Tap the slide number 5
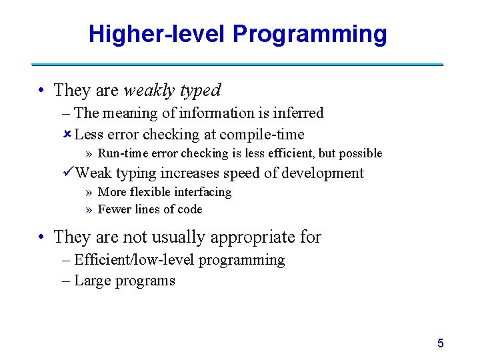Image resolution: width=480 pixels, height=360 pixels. (440, 343)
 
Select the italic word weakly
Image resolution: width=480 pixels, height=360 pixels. (150, 90)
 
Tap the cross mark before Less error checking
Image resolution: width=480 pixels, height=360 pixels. (67, 134)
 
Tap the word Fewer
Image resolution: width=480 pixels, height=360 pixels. (113, 209)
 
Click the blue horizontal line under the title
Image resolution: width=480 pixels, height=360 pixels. (237, 65)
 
